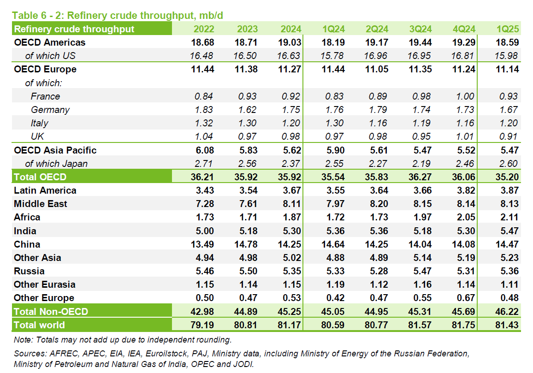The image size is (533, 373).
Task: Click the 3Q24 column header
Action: tap(420, 29)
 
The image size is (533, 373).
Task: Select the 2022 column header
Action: tap(203, 29)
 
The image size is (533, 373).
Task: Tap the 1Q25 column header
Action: tap(508, 29)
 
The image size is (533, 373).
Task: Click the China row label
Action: tap(27, 244)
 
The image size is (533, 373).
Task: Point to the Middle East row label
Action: tap(41, 204)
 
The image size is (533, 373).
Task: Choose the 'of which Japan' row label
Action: tap(56, 164)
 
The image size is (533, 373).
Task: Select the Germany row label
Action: tap(50, 110)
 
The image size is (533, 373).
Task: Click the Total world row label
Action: tap(39, 325)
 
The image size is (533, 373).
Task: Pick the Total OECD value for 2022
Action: tap(202, 177)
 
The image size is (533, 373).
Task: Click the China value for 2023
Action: tap(246, 244)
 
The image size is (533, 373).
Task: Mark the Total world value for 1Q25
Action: tap(507, 325)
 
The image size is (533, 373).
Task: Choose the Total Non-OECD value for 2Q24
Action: tap(377, 312)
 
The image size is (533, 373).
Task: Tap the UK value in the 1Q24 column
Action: tap(334, 136)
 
